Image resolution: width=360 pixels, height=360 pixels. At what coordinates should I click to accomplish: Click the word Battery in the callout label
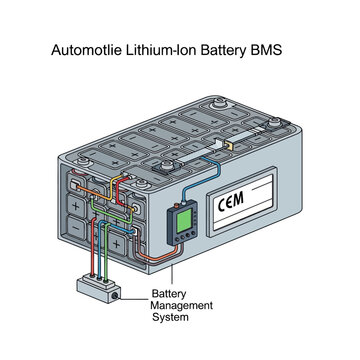167,293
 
